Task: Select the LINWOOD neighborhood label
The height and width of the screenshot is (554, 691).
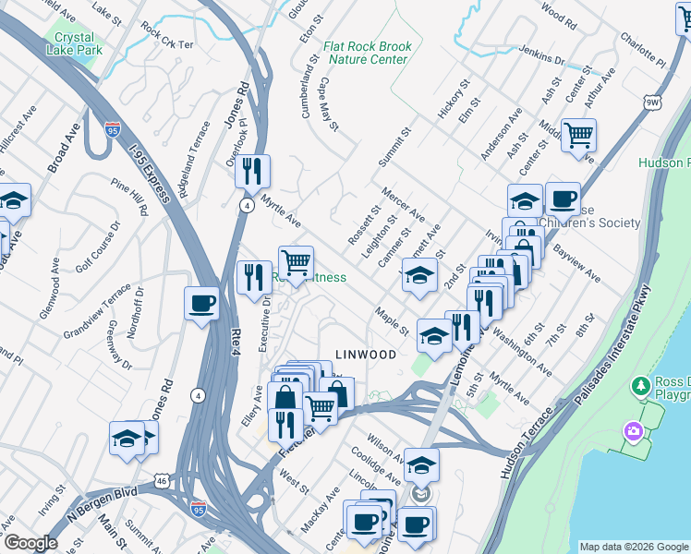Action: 366,355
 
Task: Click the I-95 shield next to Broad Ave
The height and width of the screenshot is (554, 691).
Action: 112,130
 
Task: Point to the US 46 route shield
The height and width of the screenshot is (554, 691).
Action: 162,481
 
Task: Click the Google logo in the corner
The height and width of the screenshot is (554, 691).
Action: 30,543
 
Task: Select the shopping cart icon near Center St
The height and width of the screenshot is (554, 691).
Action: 578,136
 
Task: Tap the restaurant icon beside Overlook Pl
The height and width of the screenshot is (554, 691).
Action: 251,171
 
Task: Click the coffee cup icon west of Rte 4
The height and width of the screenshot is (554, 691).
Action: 201,304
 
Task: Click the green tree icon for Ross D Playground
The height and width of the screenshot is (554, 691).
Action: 638,384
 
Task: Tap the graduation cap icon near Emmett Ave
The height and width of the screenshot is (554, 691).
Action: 418,275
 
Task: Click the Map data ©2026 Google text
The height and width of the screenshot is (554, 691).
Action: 634,546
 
